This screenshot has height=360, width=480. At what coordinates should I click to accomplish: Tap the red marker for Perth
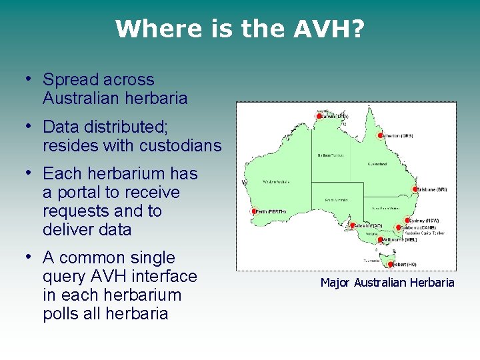(x=254, y=211)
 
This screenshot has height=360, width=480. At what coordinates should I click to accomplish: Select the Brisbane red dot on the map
(x=415, y=189)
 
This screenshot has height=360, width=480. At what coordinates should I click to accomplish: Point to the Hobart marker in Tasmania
(x=389, y=263)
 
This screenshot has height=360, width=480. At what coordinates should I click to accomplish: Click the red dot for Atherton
(x=381, y=135)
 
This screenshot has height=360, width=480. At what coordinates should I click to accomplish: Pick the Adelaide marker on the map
(x=353, y=226)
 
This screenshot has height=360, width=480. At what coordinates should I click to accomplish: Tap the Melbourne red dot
(x=381, y=239)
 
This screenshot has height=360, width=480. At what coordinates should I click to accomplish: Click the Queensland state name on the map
(x=377, y=163)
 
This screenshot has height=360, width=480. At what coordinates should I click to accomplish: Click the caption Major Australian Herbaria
(x=387, y=283)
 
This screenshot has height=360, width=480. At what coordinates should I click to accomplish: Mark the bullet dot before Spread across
(x=29, y=79)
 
